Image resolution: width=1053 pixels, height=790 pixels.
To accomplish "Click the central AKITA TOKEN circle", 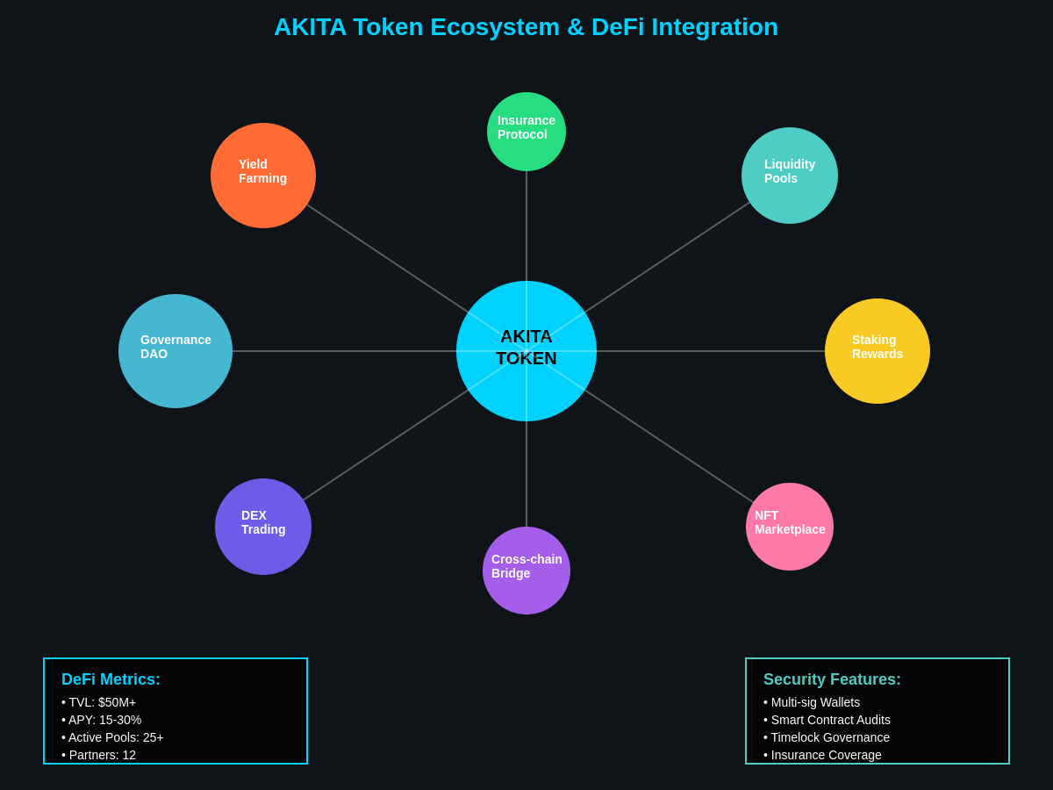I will (526, 351).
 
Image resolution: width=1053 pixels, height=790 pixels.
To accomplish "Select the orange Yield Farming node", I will (263, 176).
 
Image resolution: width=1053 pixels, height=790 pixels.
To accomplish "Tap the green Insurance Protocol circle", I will (526, 132).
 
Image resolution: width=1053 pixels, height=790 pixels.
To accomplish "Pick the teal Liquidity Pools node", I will (790, 176).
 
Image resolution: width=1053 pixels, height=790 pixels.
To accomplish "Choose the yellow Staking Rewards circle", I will (877, 351).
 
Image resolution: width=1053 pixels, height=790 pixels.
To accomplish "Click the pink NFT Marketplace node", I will (790, 527).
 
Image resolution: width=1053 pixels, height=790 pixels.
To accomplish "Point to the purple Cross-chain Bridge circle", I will (526, 571).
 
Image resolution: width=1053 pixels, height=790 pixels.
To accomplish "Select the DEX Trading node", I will (263, 527).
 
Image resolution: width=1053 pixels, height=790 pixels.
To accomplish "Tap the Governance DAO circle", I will (175, 351).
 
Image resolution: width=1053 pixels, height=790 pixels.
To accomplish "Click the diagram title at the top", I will (526, 27).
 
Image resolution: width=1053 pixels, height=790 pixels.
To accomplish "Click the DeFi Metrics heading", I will (111, 679).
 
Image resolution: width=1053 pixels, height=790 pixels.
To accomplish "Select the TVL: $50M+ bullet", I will (99, 702).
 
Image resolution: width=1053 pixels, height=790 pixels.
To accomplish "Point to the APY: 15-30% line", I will (102, 720).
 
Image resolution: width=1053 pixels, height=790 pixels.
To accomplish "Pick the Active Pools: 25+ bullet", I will (112, 737).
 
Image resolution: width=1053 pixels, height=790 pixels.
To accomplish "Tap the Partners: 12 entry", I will (99, 755).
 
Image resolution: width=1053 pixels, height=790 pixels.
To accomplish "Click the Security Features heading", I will (832, 679).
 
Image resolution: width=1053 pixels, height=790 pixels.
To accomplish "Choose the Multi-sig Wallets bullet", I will (812, 702).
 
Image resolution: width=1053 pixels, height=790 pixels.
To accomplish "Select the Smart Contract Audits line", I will (827, 720).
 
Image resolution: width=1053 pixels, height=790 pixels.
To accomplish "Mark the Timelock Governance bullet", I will (827, 737).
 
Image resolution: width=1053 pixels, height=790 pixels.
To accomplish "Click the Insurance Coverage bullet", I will (822, 755).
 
